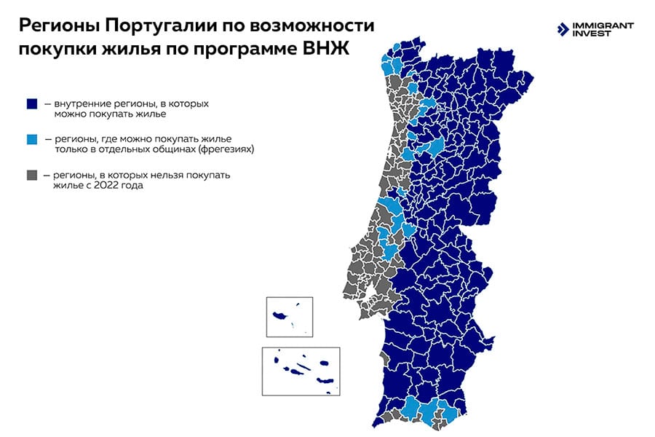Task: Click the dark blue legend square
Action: coord(31,104)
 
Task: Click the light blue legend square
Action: coord(31,138)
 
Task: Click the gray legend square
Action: coord(31,176)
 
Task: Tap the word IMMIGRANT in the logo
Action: coord(605,25)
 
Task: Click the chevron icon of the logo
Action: coord(563,29)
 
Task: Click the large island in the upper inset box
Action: coord(280,316)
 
